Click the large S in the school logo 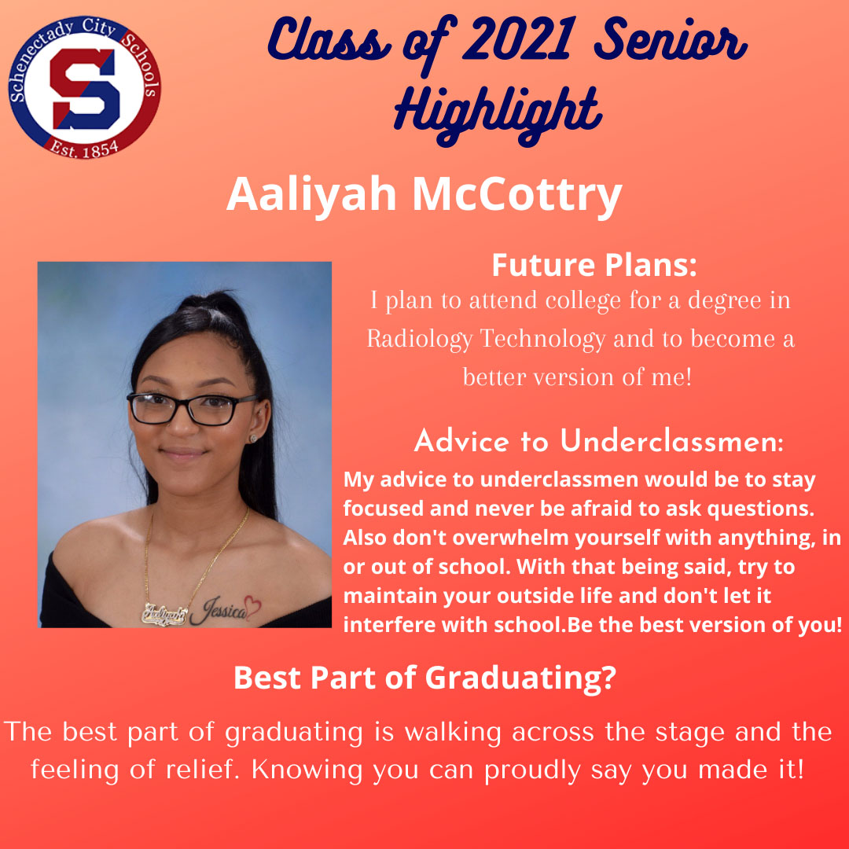coord(85,83)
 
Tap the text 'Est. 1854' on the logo coord(85,146)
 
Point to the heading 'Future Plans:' coord(594,265)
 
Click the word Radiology coord(420,339)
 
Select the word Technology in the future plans coord(543,339)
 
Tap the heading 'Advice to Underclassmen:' coord(598,442)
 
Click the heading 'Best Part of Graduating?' coord(424,678)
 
